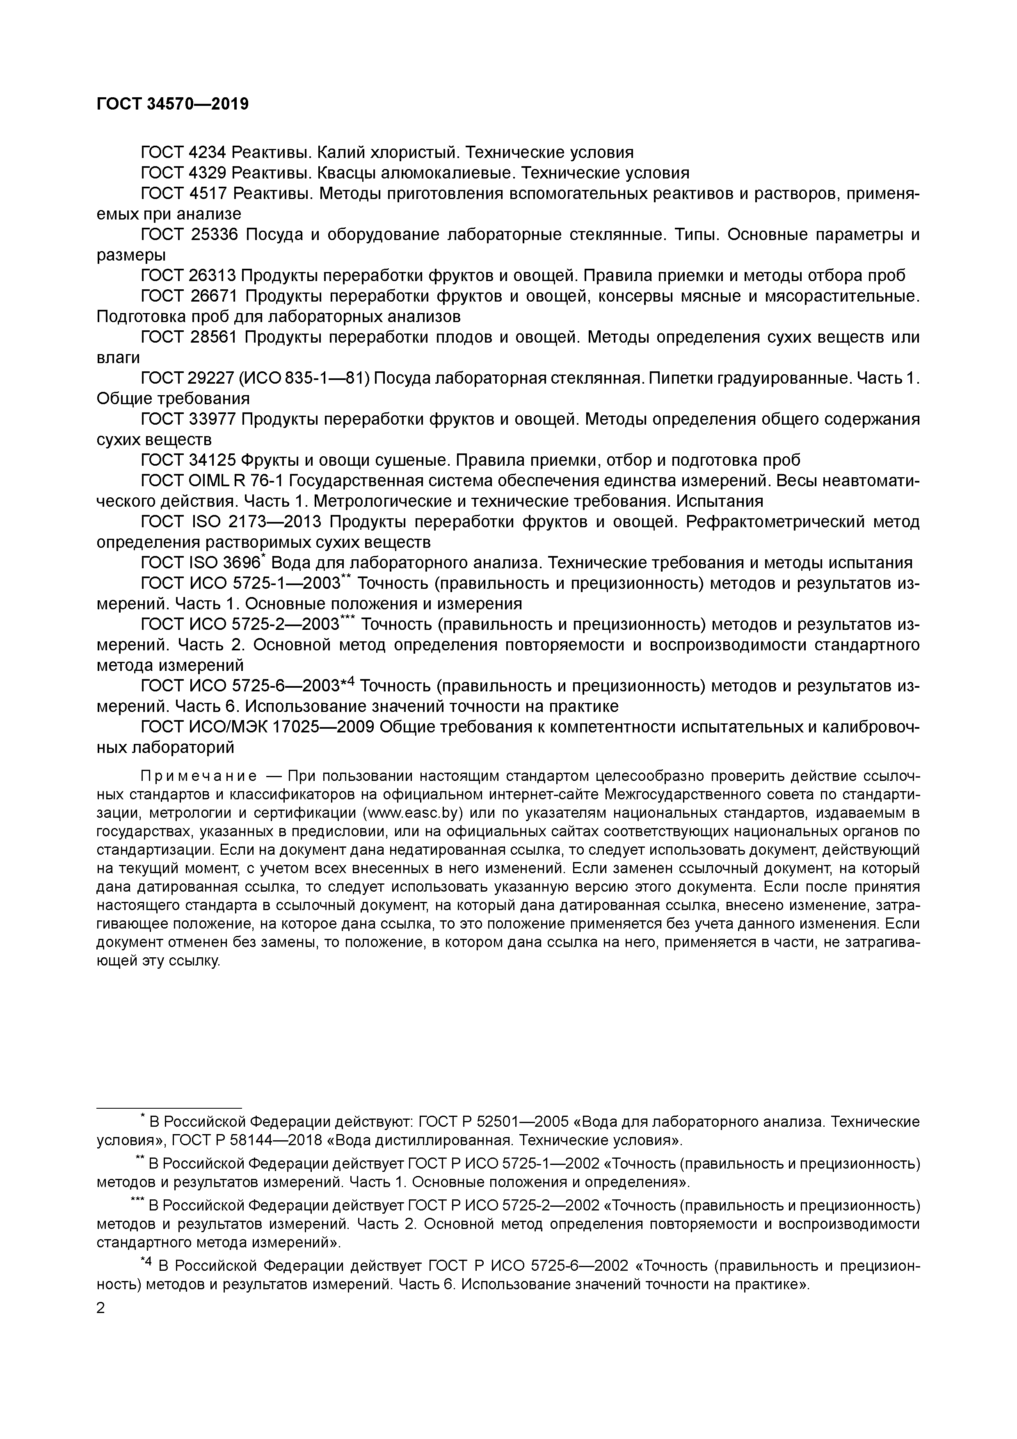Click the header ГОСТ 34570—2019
[x=172, y=104]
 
